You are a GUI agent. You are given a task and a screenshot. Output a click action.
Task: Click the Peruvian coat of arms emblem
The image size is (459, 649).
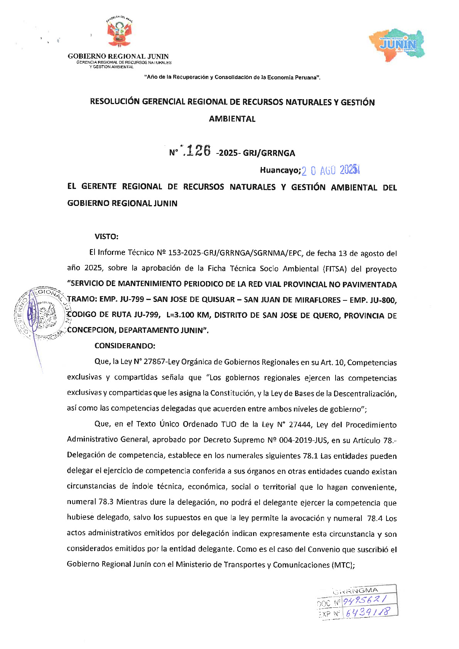point(119,33)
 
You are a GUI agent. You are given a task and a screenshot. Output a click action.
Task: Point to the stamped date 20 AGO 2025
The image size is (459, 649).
point(330,170)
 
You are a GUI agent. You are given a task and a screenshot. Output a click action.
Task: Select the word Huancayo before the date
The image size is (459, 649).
point(279,170)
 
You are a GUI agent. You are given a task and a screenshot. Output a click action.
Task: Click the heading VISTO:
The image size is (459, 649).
point(106,236)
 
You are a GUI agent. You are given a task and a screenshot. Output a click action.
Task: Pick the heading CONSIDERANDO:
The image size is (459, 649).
point(125,346)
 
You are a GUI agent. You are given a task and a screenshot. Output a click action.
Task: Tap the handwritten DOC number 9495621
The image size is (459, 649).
point(364,600)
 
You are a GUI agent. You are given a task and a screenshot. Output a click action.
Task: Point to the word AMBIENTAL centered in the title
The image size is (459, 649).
point(232,119)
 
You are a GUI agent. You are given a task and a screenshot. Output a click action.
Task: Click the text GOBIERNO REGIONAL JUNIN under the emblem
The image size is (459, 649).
point(118,56)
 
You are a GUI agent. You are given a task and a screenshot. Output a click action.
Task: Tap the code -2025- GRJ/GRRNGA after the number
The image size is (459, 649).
point(255,153)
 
